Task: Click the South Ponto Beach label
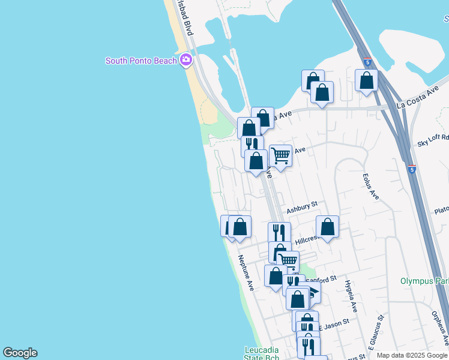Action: pyautogui.click(x=141, y=61)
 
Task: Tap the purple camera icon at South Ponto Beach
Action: pyautogui.click(x=186, y=60)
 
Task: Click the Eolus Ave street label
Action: pyautogui.click(x=371, y=187)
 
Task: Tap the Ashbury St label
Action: pyautogui.click(x=301, y=208)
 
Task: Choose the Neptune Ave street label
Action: pyautogui.click(x=246, y=273)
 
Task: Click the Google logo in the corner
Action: pyautogui.click(x=20, y=353)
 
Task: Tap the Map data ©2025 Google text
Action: pyautogui.click(x=412, y=355)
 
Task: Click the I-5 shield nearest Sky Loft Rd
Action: pyautogui.click(x=412, y=170)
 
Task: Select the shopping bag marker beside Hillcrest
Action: pyautogui.click(x=327, y=227)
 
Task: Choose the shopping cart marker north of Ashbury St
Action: pyautogui.click(x=280, y=155)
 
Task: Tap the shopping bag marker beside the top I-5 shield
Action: pyautogui.click(x=366, y=80)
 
